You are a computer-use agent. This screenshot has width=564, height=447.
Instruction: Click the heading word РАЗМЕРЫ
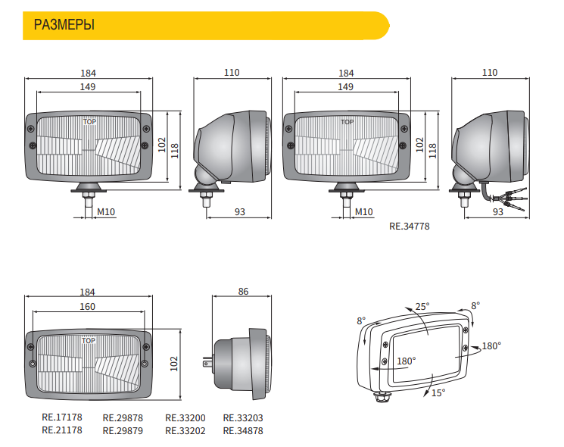tap(64, 26)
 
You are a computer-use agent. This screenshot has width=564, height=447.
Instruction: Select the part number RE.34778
tap(409, 225)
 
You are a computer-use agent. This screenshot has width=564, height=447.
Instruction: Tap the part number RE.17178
tap(61, 417)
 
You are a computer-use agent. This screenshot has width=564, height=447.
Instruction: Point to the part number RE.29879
tap(122, 430)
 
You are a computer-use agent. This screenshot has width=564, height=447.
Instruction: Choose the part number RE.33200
tap(185, 417)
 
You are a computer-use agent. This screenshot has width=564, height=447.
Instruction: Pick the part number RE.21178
tap(61, 430)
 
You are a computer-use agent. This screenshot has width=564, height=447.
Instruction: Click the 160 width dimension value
tap(88, 307)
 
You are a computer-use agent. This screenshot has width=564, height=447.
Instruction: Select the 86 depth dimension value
tap(243, 292)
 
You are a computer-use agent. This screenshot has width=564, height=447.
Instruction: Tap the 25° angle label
tap(422, 307)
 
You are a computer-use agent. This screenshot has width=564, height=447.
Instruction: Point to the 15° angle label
tap(438, 392)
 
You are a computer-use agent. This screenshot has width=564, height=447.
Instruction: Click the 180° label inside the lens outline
tap(407, 361)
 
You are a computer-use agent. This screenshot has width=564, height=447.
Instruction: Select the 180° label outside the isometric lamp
tap(491, 346)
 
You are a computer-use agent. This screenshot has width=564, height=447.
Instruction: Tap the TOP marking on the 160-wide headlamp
tap(89, 341)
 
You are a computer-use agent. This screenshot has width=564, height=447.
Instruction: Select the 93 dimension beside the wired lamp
tap(497, 212)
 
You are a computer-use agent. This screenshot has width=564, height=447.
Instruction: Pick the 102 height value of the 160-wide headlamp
tap(175, 364)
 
